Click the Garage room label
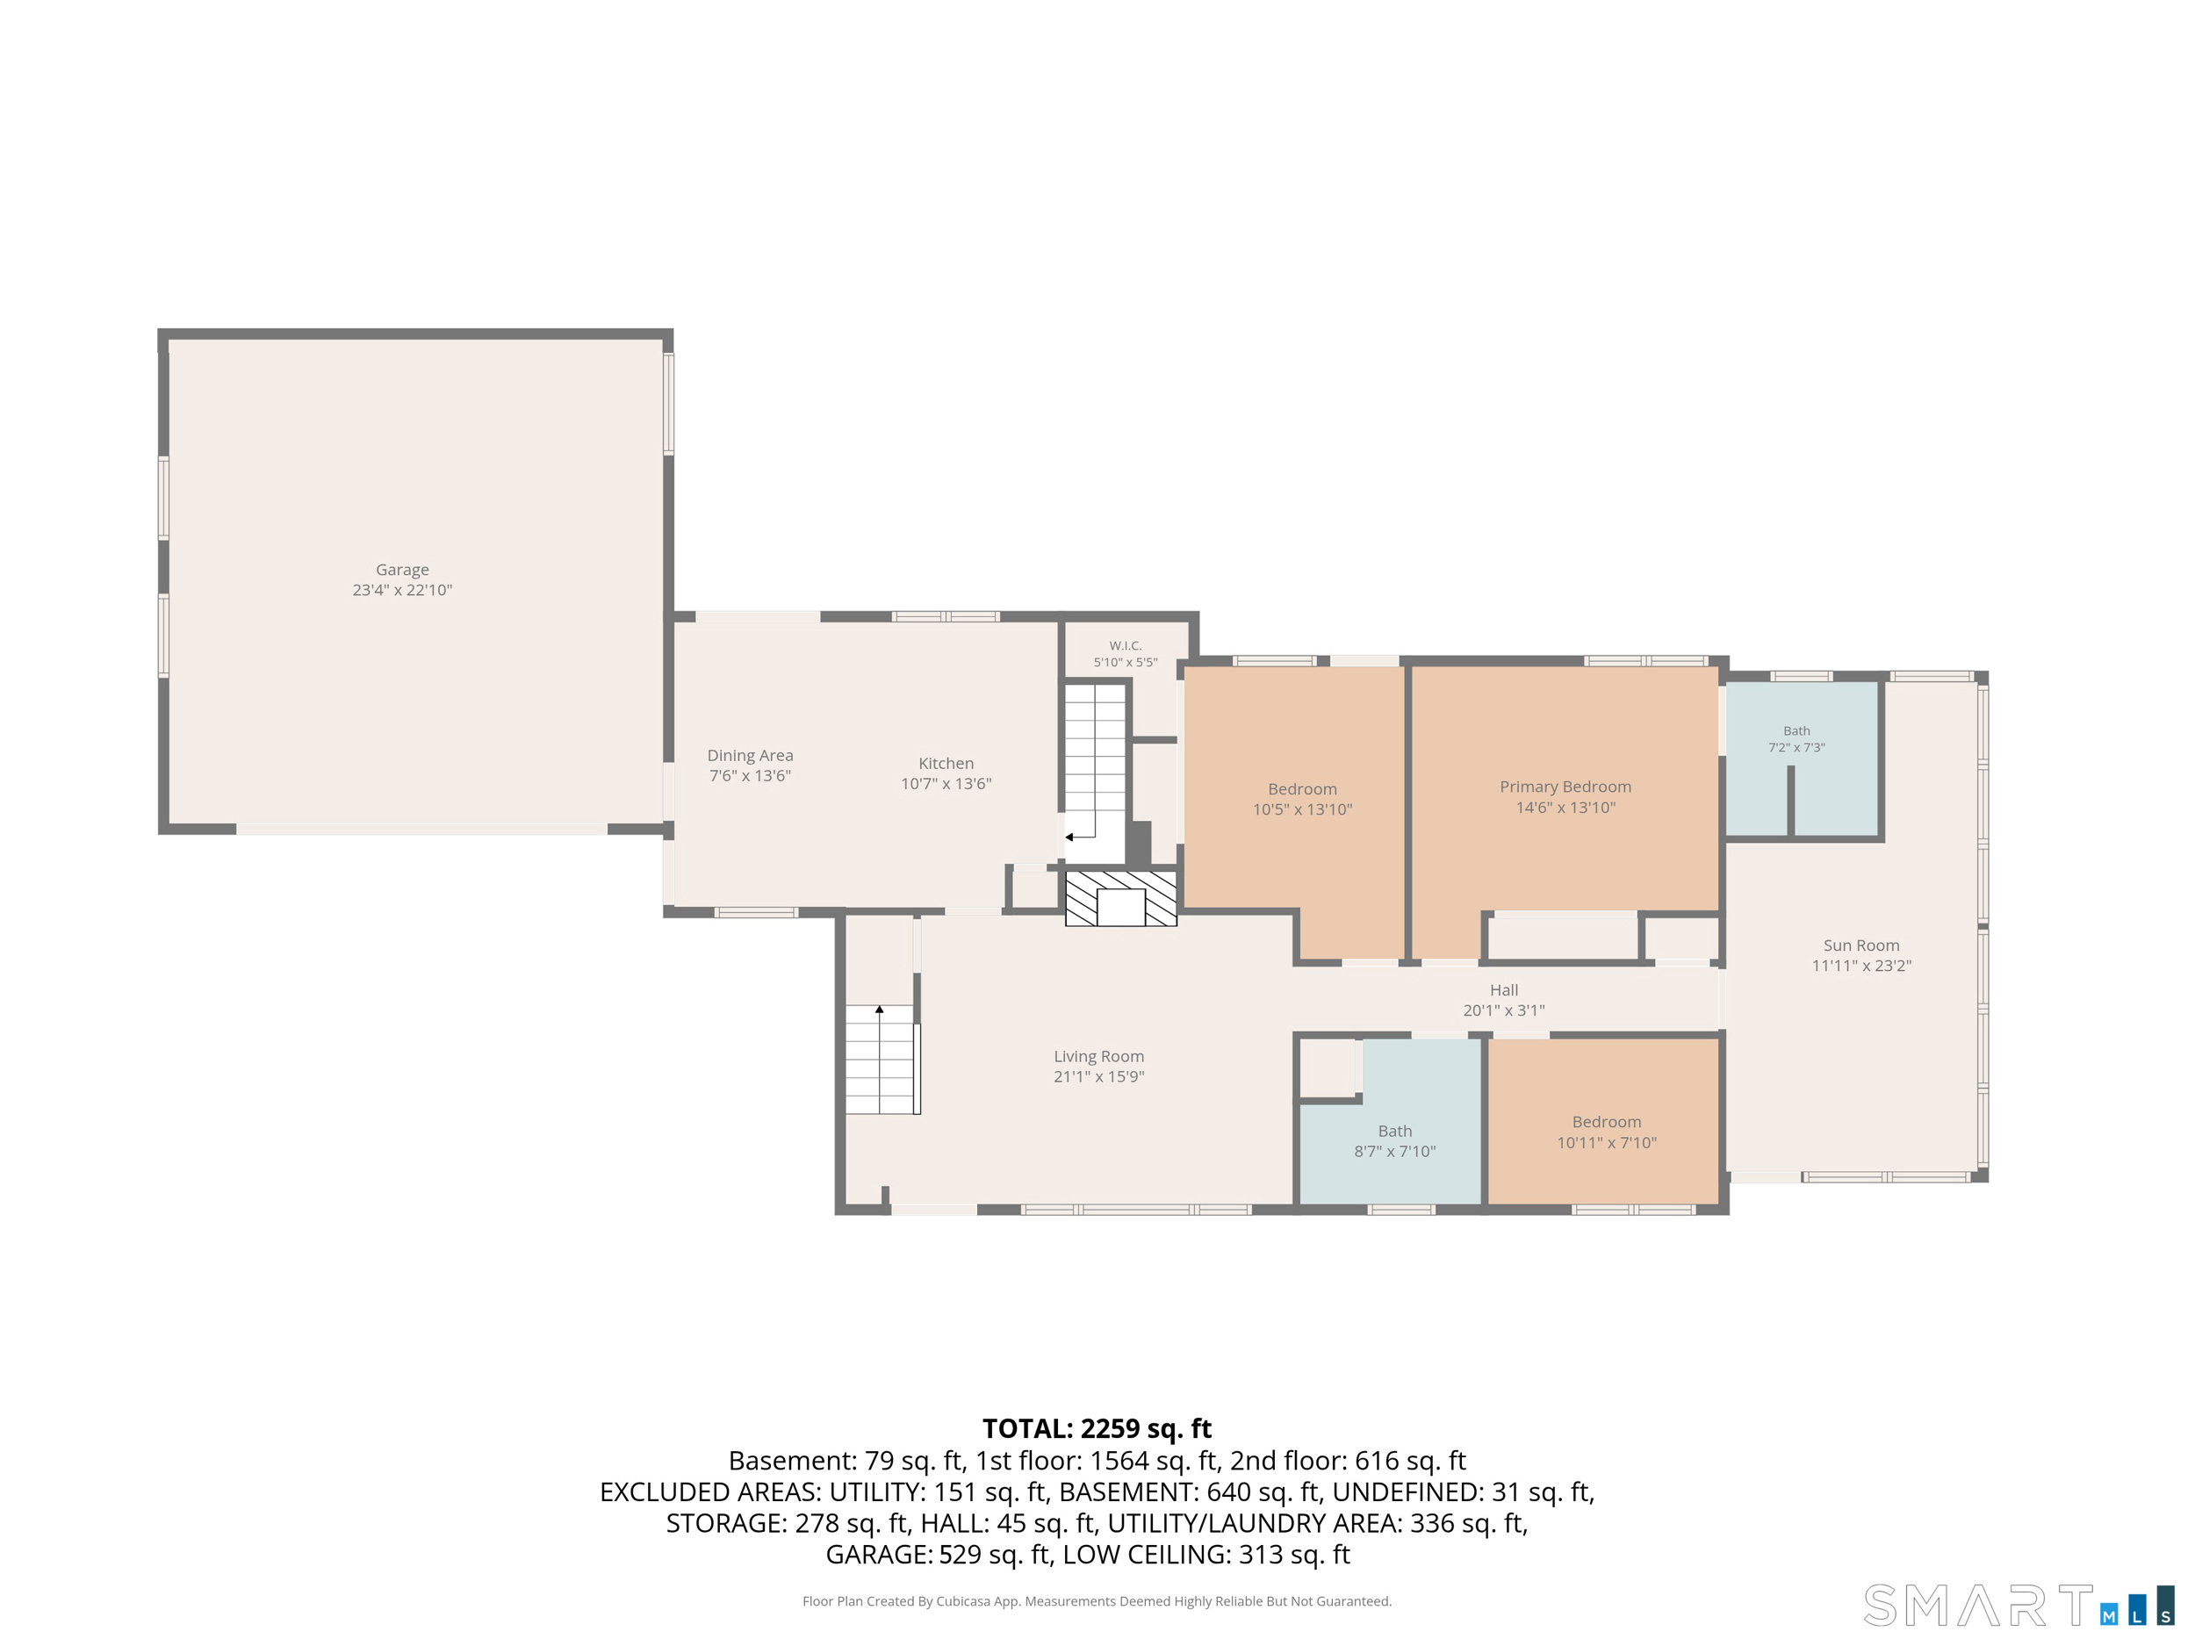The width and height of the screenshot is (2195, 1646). [x=402, y=570]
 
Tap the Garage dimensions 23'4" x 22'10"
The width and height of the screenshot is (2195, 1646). [x=402, y=590]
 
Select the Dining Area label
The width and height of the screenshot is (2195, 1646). [x=750, y=755]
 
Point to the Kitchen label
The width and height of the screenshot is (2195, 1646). [x=946, y=763]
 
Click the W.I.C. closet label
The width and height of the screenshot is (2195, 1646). [x=1126, y=646]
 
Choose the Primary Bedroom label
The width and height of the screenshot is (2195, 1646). [x=1565, y=787]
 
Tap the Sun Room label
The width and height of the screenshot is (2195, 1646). [x=1861, y=945]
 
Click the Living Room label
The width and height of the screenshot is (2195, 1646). [x=1098, y=1057]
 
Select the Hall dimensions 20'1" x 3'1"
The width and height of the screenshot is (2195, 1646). [x=1503, y=1010]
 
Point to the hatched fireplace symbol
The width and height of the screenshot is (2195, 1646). [x=1121, y=899]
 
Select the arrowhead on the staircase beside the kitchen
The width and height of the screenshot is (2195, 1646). [x=1069, y=837]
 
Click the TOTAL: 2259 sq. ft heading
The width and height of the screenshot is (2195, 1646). [x=1097, y=1428]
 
